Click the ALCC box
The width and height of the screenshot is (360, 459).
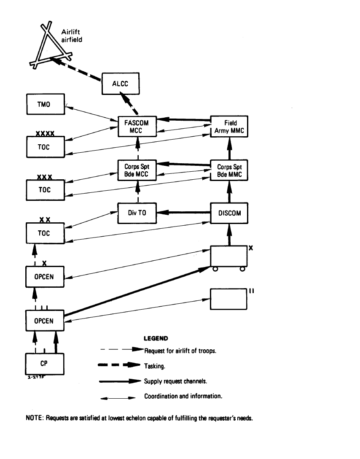coord(120,84)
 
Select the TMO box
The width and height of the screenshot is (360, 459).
coord(45,104)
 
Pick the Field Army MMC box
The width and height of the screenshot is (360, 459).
coord(229,127)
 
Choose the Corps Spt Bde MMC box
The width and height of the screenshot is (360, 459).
coord(229,170)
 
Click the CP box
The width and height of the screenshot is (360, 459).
coord(45,364)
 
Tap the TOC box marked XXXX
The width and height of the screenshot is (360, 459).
coord(45,147)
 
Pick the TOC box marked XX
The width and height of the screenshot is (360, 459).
coord(45,233)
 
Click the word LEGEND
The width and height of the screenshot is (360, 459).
coord(156,338)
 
